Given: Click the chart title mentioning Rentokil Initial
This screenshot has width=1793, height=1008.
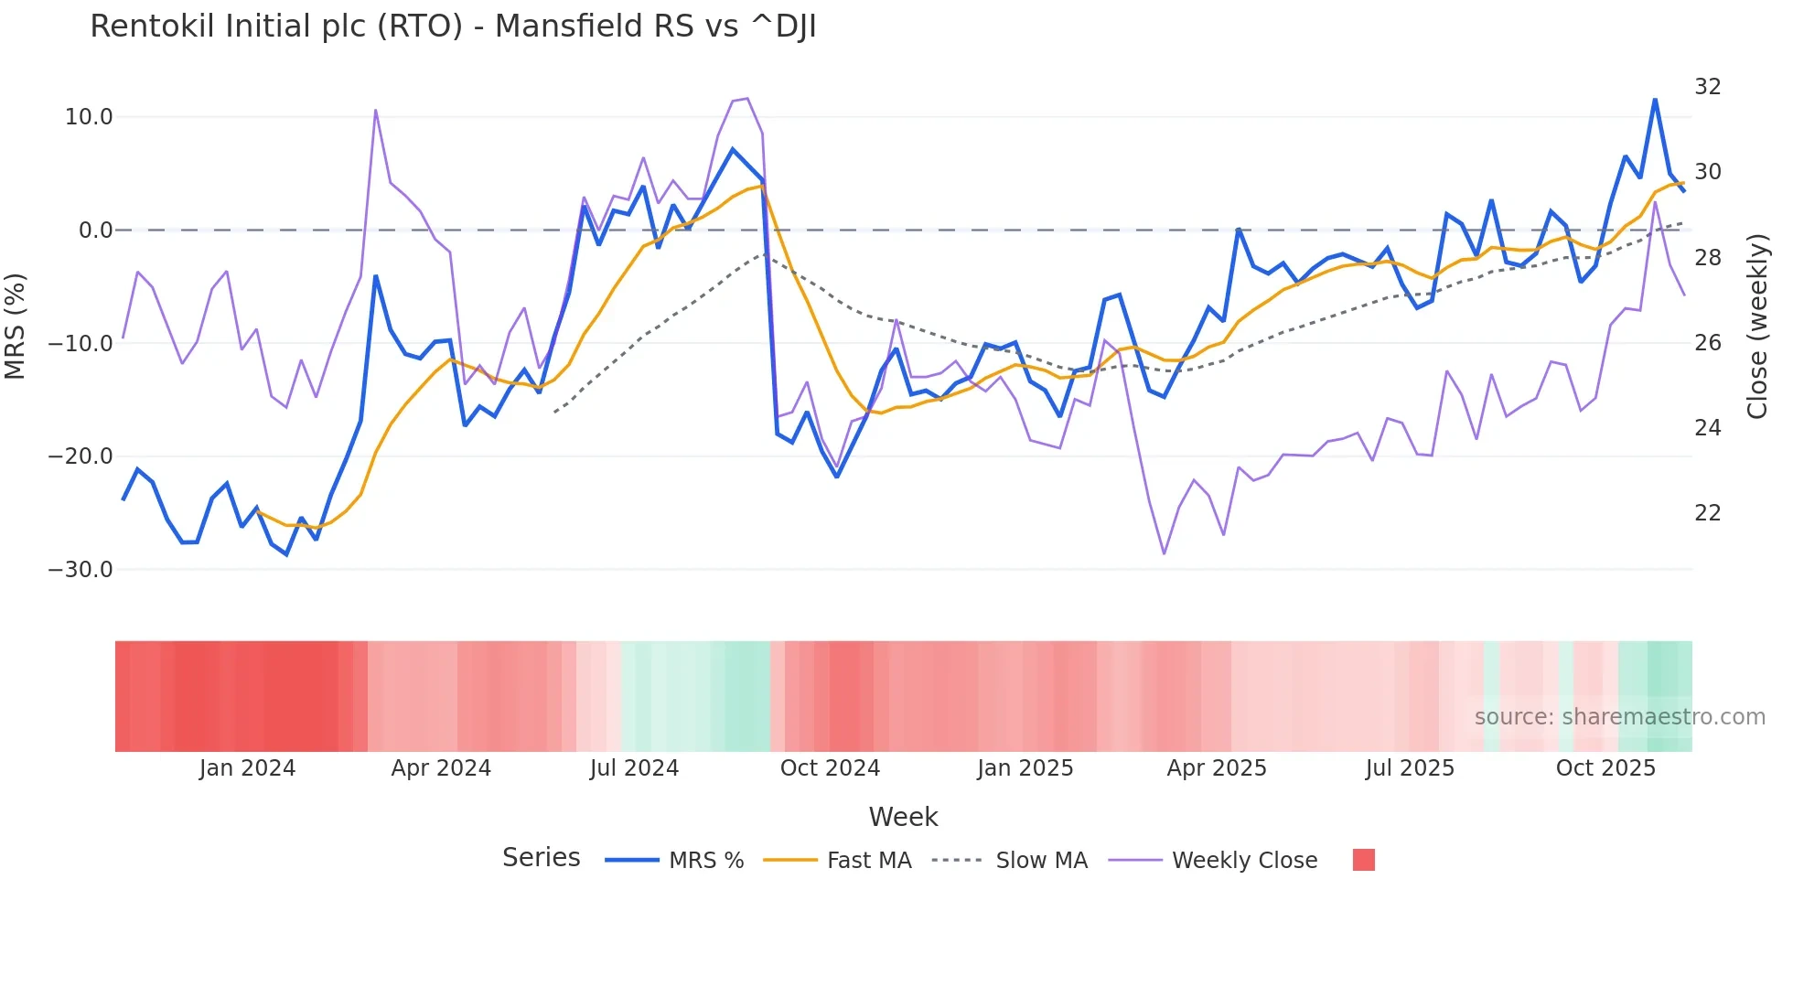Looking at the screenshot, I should tap(453, 27).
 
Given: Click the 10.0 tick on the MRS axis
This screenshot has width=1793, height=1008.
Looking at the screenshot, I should tap(89, 117).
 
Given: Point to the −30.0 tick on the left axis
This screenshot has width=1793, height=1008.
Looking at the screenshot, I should tap(81, 569).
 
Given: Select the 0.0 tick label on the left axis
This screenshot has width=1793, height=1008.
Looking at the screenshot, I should tap(95, 231).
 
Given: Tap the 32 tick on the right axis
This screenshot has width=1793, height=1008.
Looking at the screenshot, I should tap(1707, 87).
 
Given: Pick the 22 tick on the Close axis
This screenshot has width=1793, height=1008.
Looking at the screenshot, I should tap(1707, 513).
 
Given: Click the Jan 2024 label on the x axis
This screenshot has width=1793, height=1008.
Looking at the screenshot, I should tap(247, 768).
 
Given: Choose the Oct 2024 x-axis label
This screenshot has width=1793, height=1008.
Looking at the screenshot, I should tap(830, 768).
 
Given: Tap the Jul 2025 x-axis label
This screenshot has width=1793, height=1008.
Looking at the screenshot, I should tap(1410, 768).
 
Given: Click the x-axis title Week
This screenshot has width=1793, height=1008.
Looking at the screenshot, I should tap(903, 817).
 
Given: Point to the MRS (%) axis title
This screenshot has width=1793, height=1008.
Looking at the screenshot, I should tap(16, 326).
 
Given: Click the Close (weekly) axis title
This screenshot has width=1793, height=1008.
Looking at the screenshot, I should tap(1757, 327).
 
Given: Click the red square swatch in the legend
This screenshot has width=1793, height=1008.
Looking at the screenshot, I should tap(1363, 860).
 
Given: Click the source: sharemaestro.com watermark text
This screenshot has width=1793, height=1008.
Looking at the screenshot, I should tap(1619, 717).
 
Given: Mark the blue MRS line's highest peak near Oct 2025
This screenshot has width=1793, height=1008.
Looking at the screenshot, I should tap(1655, 100).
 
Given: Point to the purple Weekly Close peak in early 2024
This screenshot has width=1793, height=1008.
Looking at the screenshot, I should tap(376, 111).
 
